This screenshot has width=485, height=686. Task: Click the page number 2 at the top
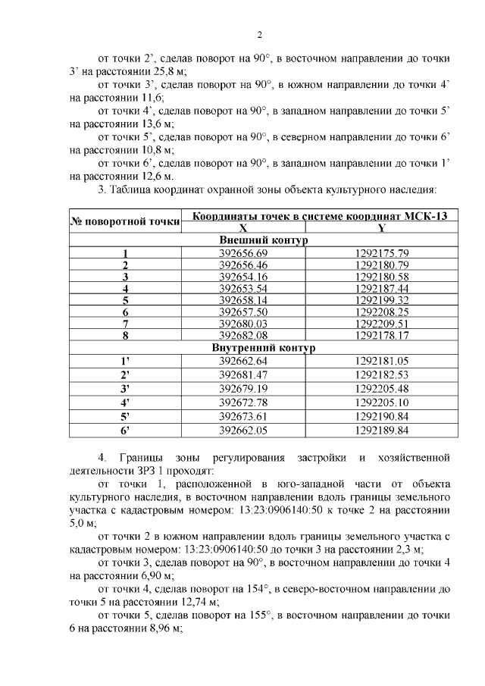coord(258,35)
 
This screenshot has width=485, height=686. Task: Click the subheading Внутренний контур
coord(259,348)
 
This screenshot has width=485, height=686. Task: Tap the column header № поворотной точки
coord(125,221)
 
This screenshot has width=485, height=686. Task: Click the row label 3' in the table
coord(125,388)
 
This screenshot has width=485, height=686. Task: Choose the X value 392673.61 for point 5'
coord(243,416)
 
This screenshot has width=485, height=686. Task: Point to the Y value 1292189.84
coord(381,431)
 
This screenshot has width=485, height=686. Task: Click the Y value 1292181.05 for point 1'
coord(381,361)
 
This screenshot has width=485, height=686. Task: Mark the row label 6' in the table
coord(125,431)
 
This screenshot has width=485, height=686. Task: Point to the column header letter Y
coord(381,227)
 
